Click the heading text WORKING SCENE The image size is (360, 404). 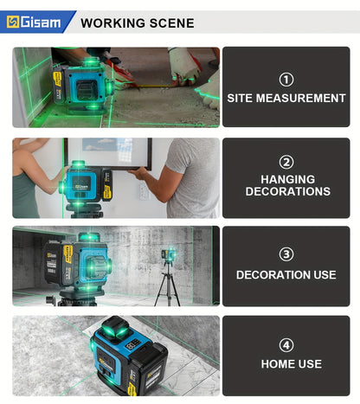137,23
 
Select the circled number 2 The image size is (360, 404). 286,162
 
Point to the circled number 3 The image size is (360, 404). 286,253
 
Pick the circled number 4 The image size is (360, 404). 286,343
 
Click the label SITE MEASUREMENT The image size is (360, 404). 286,99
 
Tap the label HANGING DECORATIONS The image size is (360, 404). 286,185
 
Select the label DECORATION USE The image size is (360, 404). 286,275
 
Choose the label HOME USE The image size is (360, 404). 286,364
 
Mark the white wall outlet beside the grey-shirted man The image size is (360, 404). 144,191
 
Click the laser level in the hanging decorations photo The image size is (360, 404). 87,183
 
